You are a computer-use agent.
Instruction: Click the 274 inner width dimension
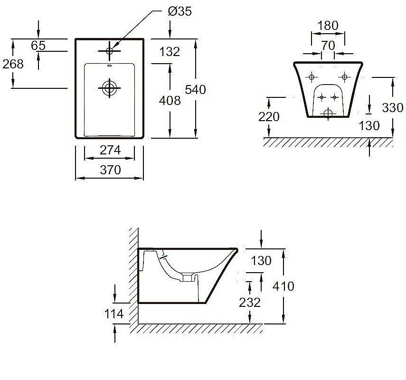[110, 150]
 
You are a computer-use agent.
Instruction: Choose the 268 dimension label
[13, 64]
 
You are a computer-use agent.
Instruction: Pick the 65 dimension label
[38, 46]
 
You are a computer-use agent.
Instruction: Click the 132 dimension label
[170, 51]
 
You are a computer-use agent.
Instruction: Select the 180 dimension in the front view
[328, 26]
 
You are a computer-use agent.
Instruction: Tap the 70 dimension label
[328, 46]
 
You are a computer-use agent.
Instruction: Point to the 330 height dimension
[393, 108]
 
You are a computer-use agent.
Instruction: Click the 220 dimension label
[269, 116]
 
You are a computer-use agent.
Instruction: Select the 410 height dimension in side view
[283, 286]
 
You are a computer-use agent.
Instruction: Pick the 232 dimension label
[250, 303]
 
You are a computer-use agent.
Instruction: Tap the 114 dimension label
[114, 313]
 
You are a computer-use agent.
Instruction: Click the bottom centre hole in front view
[328, 113]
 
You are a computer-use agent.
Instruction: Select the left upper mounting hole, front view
[312, 77]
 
